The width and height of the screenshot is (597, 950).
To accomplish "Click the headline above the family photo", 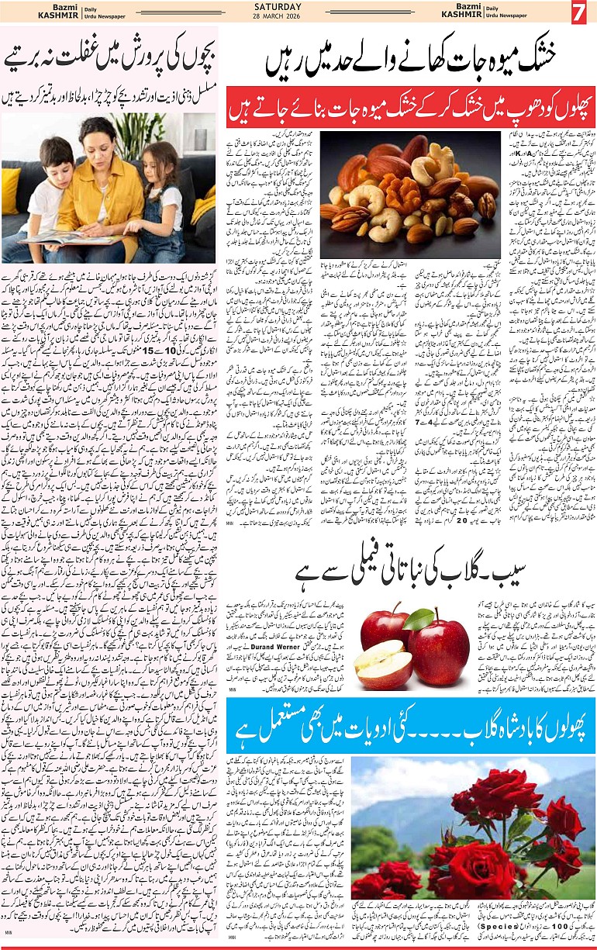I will tap(109, 59).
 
